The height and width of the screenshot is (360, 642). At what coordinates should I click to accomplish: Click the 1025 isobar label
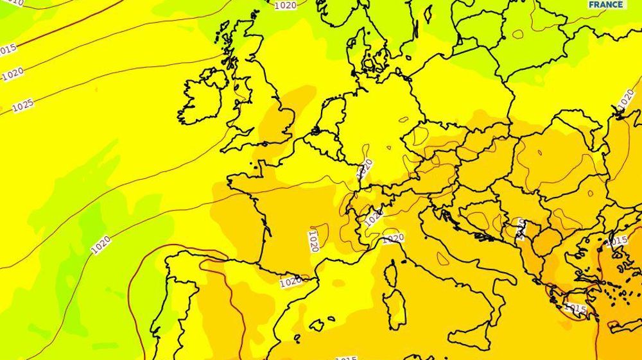(22, 105)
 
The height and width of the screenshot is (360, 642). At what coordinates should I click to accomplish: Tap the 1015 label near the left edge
(8, 49)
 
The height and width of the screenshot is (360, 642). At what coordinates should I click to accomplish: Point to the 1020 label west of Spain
(101, 244)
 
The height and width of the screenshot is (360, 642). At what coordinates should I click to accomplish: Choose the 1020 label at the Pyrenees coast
(291, 281)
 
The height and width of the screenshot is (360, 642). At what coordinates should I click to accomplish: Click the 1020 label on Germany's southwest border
(365, 168)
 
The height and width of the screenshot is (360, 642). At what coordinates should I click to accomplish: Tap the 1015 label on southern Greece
(575, 309)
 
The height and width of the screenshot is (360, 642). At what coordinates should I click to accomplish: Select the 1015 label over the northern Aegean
(617, 241)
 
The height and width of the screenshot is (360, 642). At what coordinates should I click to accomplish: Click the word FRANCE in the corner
(606, 4)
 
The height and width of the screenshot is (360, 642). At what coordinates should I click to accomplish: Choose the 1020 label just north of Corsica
(393, 237)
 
